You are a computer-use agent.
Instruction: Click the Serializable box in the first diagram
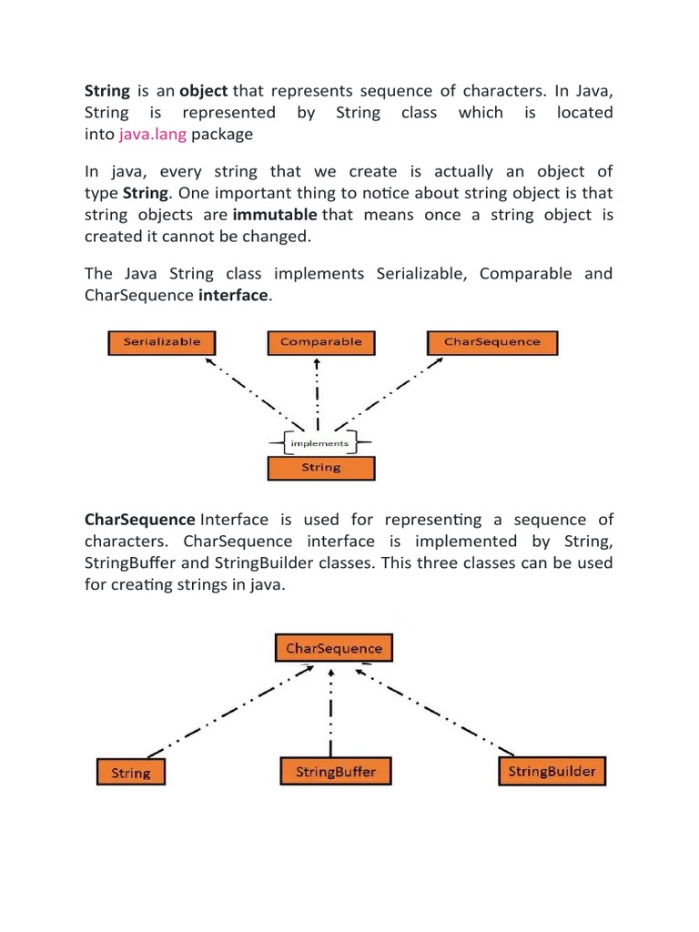161,342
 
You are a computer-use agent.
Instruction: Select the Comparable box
320,342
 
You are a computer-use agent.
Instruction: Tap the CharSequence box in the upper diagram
491,342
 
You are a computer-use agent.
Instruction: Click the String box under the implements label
320,467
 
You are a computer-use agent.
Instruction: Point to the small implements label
318,443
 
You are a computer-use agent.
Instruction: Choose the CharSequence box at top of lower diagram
334,648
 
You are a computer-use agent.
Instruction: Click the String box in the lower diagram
131,773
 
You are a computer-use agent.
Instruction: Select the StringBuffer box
335,772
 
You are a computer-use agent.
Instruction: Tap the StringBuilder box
552,772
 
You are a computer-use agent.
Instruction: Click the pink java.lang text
152,135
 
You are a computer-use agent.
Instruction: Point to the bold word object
205,91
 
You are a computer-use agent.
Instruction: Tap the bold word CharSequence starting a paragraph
139,520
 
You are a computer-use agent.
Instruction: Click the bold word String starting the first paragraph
106,91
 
